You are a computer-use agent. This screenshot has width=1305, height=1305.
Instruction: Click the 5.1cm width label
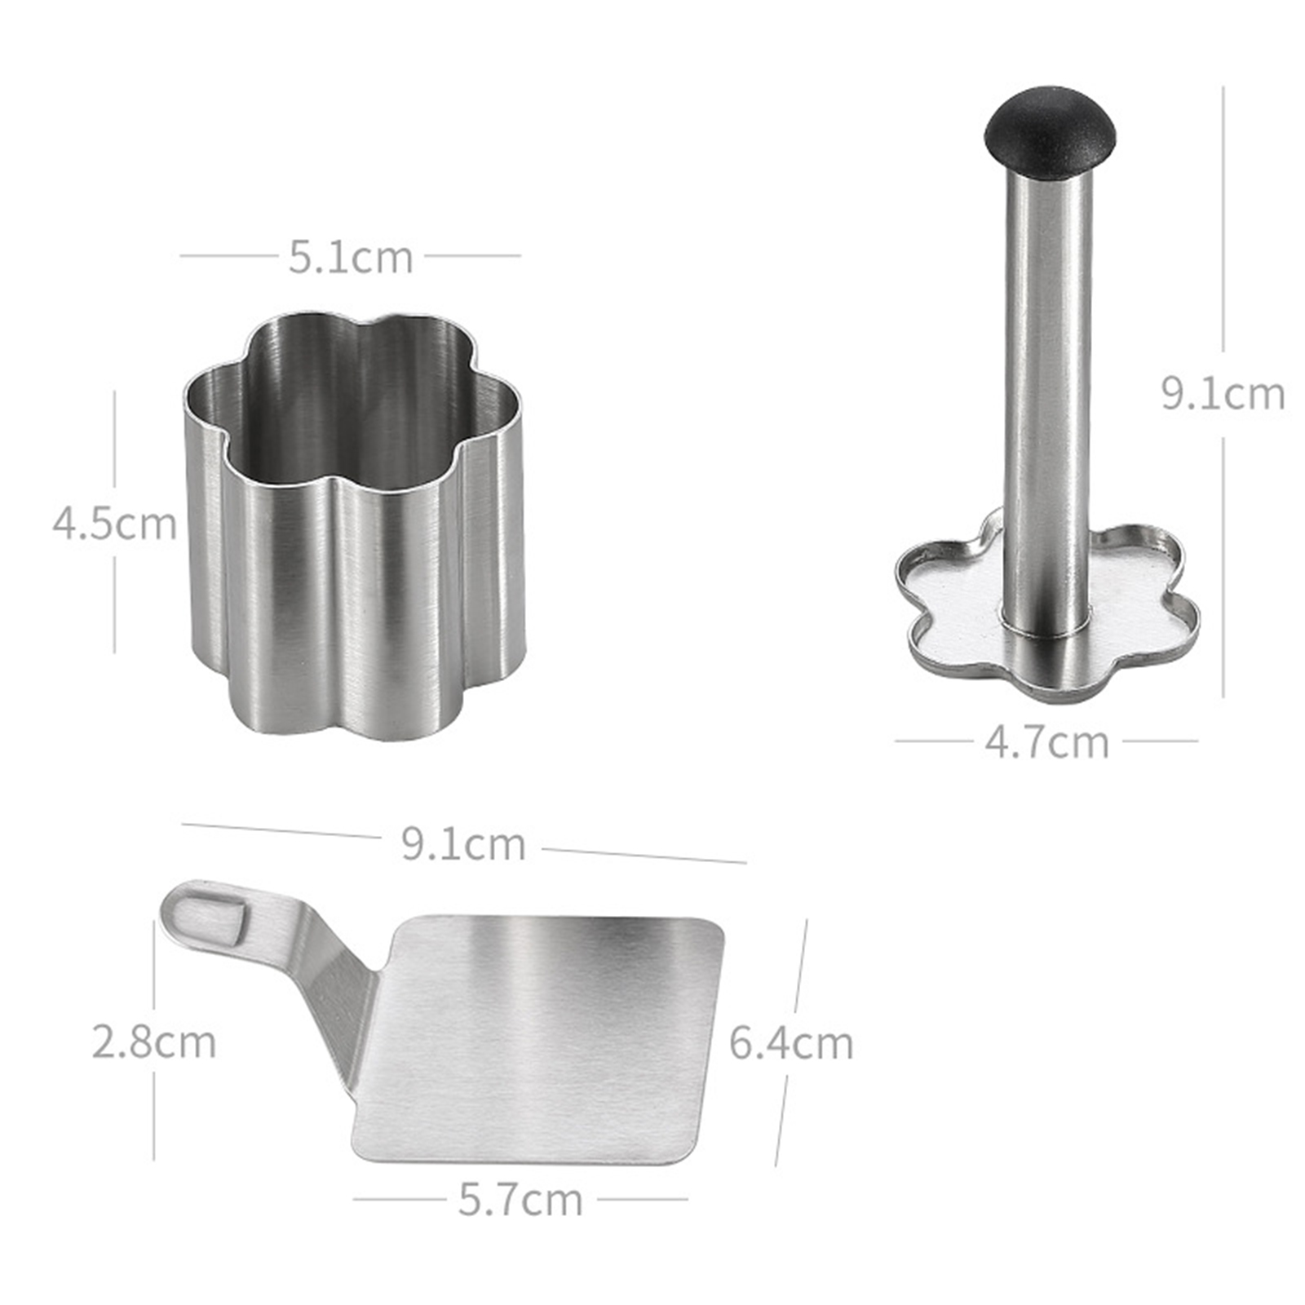pyautogui.click(x=351, y=257)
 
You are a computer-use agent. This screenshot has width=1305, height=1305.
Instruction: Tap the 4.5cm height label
pyautogui.click(x=114, y=523)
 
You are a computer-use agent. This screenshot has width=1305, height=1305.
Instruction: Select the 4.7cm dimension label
pyautogui.click(x=1047, y=742)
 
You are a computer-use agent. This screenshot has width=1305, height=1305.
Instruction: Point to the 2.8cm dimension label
pyautogui.click(x=154, y=1042)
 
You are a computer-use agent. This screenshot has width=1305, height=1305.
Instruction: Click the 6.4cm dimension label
pyautogui.click(x=790, y=1043)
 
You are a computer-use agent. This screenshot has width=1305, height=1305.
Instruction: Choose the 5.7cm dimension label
pyautogui.click(x=520, y=1200)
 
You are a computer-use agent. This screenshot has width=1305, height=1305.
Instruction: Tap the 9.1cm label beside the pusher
pyautogui.click(x=1223, y=394)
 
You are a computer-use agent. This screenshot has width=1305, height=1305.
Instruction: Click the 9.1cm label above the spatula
pyautogui.click(x=463, y=844)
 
